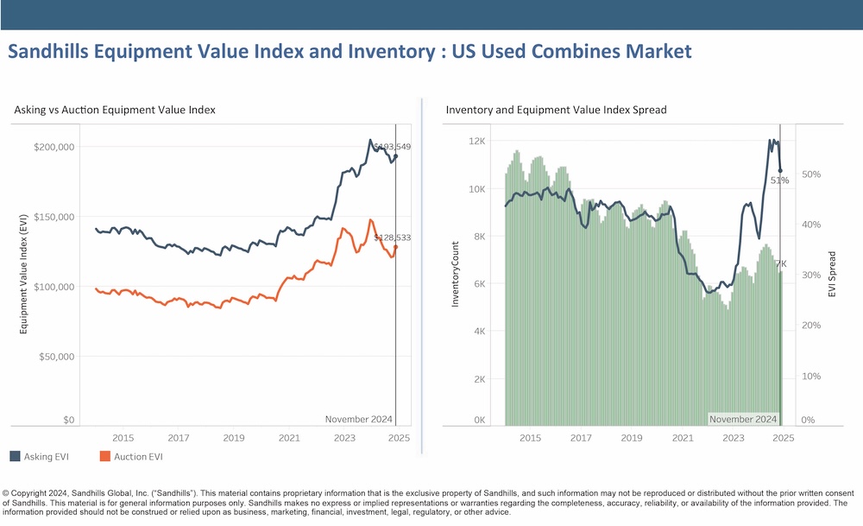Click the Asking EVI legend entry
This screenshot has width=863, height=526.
click(39, 456)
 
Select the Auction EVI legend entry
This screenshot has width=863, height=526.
click(131, 456)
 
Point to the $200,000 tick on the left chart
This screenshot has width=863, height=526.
click(53, 147)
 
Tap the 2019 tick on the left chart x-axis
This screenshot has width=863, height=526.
click(234, 438)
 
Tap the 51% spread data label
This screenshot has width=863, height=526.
click(780, 181)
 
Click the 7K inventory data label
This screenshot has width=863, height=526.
click(780, 263)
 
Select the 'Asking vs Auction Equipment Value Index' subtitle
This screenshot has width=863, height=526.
click(115, 111)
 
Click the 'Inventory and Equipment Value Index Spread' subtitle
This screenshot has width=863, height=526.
click(557, 111)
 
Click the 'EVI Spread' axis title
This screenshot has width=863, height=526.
click(832, 275)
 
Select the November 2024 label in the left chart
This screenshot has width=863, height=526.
click(358, 420)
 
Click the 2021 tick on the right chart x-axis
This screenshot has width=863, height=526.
click(683, 438)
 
